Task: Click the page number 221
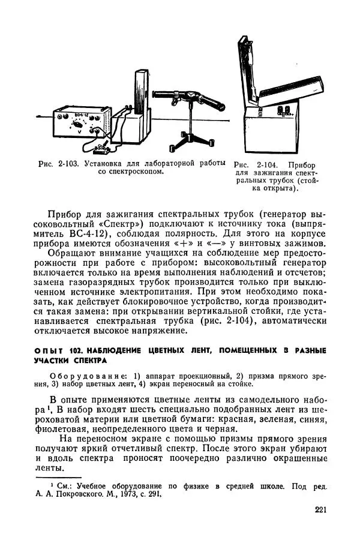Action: pos(320,511)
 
